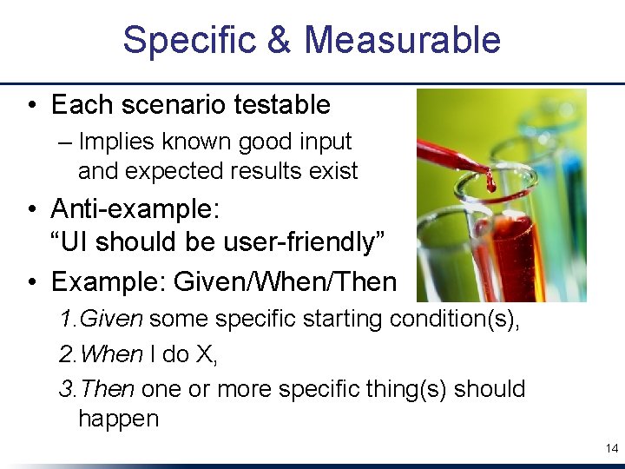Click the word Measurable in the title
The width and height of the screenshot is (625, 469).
(402, 41)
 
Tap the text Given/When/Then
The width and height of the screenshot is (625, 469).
(286, 282)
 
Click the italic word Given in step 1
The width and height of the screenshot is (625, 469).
(111, 320)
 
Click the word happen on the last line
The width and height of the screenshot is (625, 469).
(118, 419)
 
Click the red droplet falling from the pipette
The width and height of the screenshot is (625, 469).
(490, 183)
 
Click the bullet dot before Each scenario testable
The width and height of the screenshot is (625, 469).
(30, 106)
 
